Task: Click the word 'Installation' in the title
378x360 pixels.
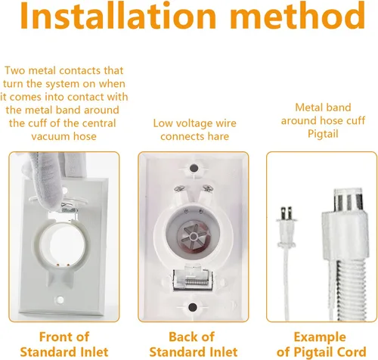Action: [x=118, y=16]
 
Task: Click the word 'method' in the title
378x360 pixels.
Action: [x=298, y=16]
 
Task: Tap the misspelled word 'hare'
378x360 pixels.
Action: [x=218, y=136]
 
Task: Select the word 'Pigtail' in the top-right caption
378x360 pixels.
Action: [x=323, y=134]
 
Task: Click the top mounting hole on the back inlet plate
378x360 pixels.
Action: [x=194, y=168]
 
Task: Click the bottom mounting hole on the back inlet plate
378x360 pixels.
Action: [x=193, y=307]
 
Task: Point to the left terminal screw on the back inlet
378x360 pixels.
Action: [x=179, y=188]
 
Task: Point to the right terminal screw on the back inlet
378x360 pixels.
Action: [x=208, y=188]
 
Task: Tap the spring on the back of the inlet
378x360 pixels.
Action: [x=194, y=281]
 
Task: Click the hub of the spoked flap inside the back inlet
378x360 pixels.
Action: [x=194, y=237]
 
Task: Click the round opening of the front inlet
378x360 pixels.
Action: [x=63, y=244]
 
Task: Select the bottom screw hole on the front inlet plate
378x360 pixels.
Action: [x=60, y=299]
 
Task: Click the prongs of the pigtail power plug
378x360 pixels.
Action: [x=287, y=213]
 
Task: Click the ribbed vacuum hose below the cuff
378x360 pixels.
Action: [x=350, y=290]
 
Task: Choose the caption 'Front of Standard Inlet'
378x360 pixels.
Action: [x=64, y=344]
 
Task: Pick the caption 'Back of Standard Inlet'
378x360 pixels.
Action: [x=193, y=344]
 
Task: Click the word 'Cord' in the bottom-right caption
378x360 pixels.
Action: [x=352, y=352]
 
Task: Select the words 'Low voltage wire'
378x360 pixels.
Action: [x=194, y=123]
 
